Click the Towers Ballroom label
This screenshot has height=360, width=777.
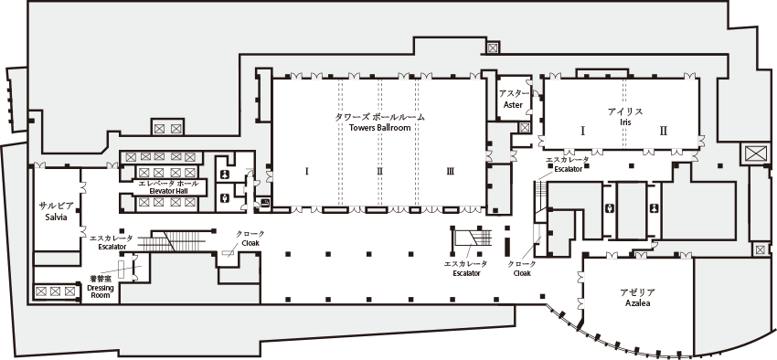379,122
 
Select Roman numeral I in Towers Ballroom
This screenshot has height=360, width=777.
307,171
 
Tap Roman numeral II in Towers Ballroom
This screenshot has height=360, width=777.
378,171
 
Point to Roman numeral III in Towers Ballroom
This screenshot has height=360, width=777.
451,171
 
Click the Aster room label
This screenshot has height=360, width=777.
514,100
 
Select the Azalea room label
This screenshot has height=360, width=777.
637,298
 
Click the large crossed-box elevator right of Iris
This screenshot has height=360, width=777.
758,154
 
